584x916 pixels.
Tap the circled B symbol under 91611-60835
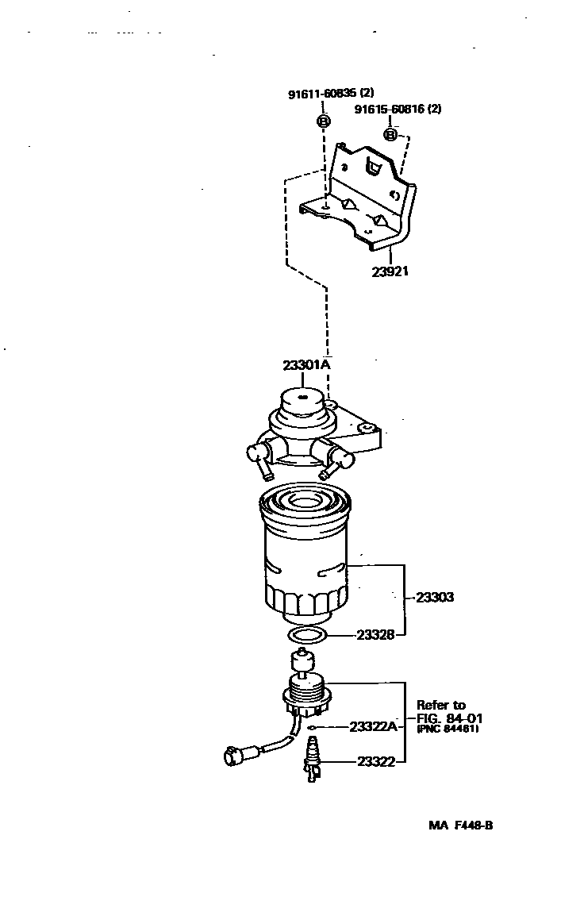pyautogui.click(x=324, y=121)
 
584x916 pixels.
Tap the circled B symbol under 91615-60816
pyautogui.click(x=390, y=134)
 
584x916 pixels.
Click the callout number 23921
pyautogui.click(x=390, y=271)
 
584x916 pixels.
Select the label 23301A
pyautogui.click(x=306, y=365)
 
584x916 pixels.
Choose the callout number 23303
pyautogui.click(x=434, y=597)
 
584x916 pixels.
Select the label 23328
pyautogui.click(x=374, y=635)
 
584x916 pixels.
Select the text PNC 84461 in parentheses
pyautogui.click(x=448, y=729)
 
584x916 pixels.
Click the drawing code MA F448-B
pyautogui.click(x=461, y=825)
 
